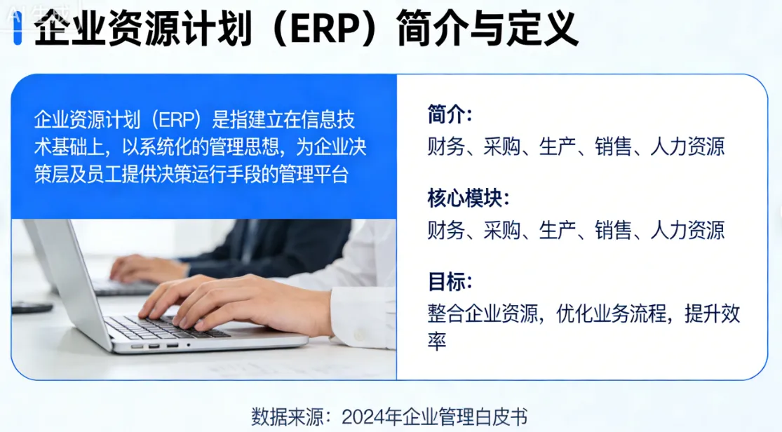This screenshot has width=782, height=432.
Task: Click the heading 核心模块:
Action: point(468,198)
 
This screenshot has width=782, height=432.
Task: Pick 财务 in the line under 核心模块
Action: point(446,230)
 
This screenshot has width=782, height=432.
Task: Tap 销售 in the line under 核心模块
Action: point(614,230)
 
